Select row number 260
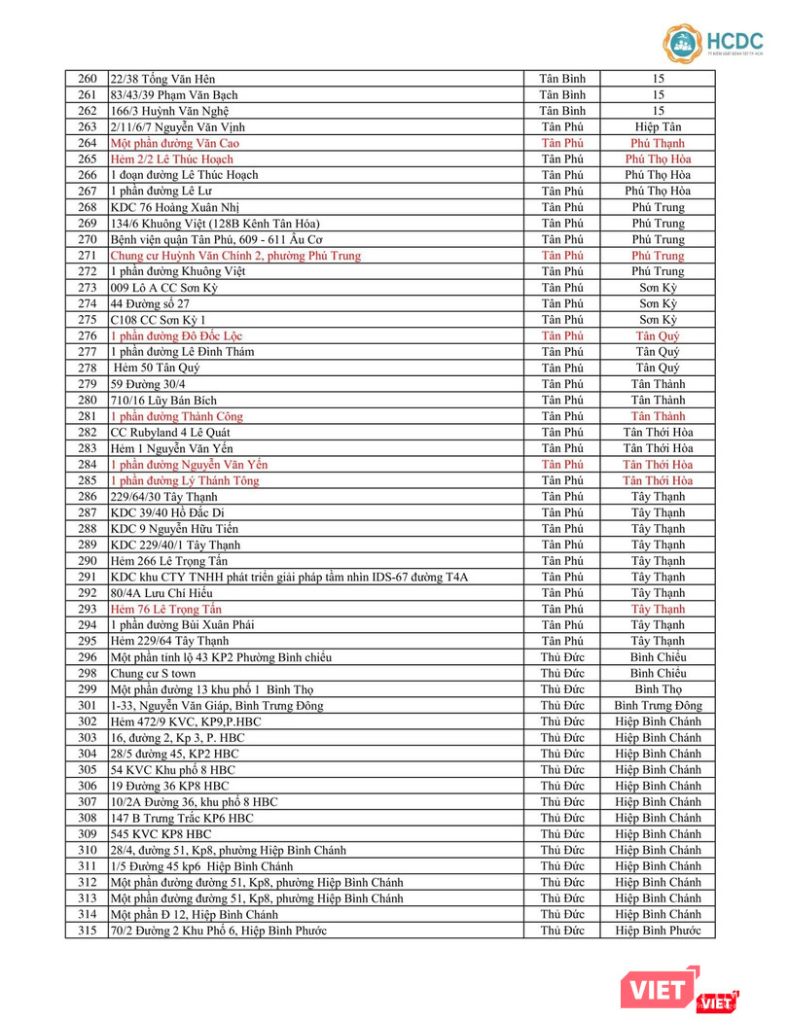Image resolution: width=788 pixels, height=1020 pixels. coord(88,79)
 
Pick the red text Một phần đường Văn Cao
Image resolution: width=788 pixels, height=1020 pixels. coord(175,143)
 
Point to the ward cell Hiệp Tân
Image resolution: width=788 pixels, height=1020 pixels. coord(659,126)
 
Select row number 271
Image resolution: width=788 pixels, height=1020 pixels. coord(88,256)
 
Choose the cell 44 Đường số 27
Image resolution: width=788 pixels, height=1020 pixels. coord(150,303)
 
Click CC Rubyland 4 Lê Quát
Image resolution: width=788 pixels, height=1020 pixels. coord(176,432)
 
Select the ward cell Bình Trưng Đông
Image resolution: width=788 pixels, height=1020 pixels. coord(659,705)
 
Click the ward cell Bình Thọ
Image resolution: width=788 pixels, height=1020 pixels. coord(659,689)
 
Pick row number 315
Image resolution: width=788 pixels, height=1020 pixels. coord(88,931)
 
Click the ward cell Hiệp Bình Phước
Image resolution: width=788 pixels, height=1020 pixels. coord(659,931)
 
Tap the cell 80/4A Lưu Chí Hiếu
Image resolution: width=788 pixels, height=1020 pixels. coord(161,593)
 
